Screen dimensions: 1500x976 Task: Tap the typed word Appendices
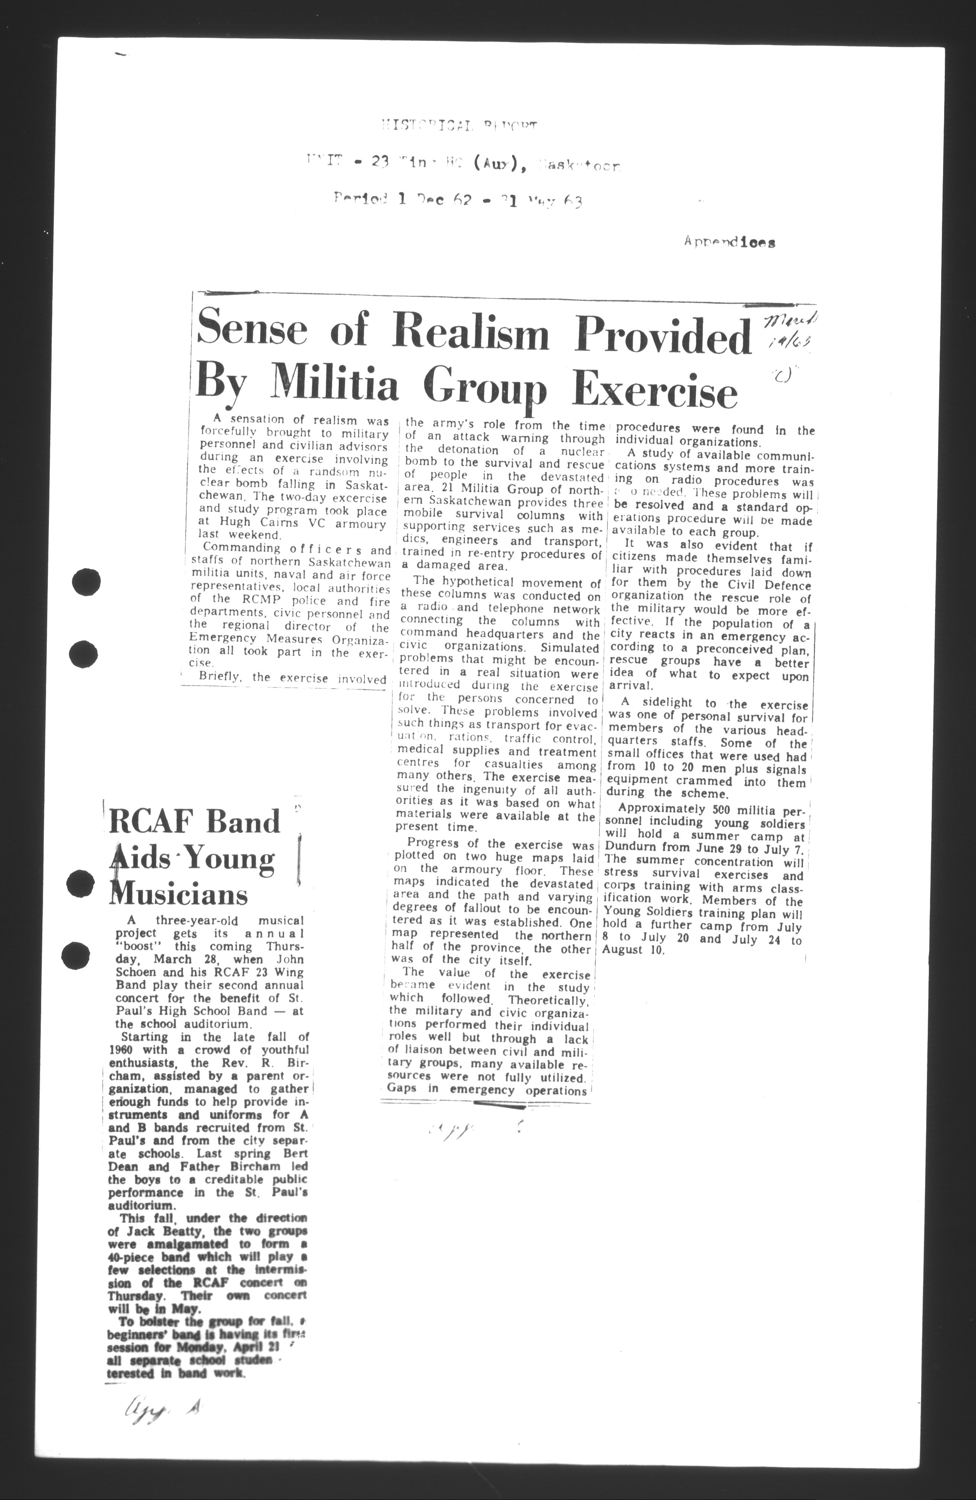point(729,243)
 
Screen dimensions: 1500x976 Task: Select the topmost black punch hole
point(86,581)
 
